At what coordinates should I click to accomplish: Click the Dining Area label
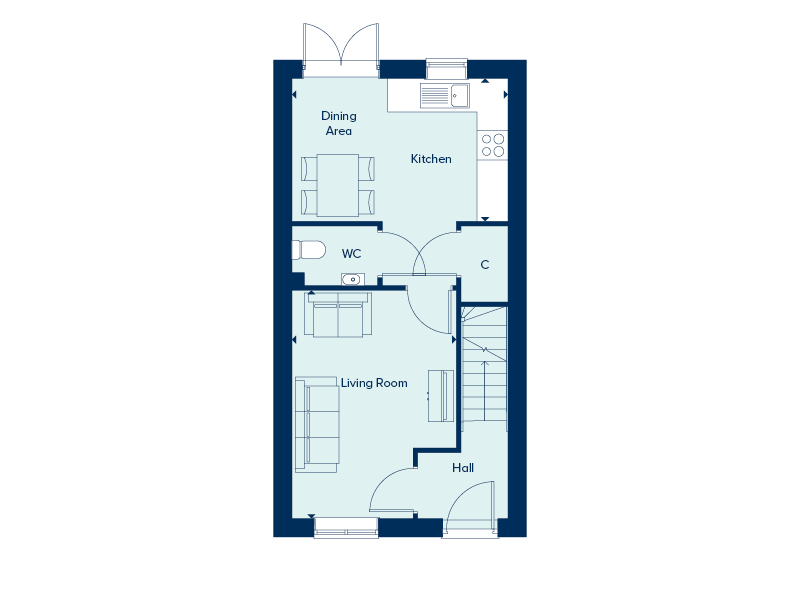point(339,123)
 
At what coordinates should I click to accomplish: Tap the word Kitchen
point(431,159)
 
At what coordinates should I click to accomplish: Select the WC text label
point(352,254)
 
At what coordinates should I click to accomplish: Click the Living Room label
point(374,383)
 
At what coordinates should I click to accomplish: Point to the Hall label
point(463,468)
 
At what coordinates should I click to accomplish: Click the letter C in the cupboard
point(485,264)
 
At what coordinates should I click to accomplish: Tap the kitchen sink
point(444,96)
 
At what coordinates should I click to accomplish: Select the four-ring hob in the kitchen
point(493,145)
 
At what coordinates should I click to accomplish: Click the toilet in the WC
point(309,250)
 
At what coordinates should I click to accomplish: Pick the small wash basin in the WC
point(352,279)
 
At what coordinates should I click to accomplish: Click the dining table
point(338,185)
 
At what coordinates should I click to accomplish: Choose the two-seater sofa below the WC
point(338,315)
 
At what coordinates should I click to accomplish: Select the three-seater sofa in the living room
point(317,424)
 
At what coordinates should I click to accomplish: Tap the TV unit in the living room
point(441,396)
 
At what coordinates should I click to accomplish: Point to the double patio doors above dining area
point(341,50)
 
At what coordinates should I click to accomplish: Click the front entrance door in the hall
point(470,509)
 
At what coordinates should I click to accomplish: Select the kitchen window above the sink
point(446,68)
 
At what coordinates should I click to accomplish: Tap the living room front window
point(346,528)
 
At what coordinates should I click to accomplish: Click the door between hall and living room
point(392,491)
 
